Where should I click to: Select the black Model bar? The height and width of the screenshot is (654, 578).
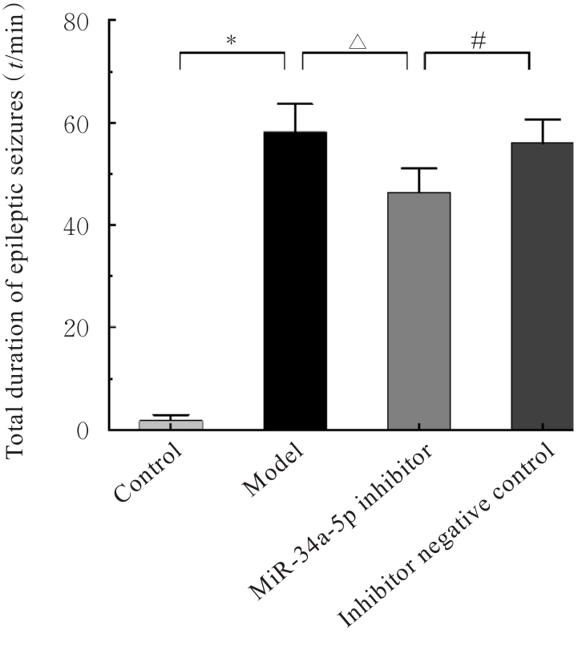pos(295,281)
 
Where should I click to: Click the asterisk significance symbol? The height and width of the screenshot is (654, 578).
pos(232,39)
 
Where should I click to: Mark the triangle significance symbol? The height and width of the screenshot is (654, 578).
pos(357,42)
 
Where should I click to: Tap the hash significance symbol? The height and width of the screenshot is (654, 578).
pos(479,41)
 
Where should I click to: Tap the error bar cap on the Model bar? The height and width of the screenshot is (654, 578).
pos(295,104)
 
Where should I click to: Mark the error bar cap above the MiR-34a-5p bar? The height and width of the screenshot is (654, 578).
pos(418,168)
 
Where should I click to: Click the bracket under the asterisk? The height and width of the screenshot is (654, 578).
pos(232,54)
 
